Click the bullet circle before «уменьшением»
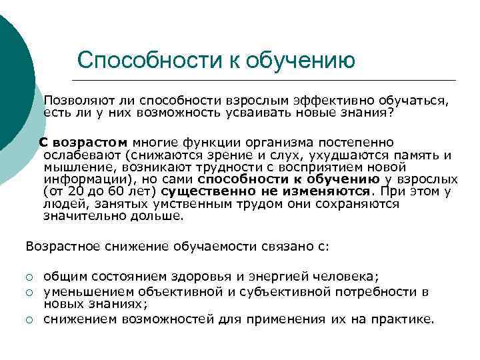pos(29,292)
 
